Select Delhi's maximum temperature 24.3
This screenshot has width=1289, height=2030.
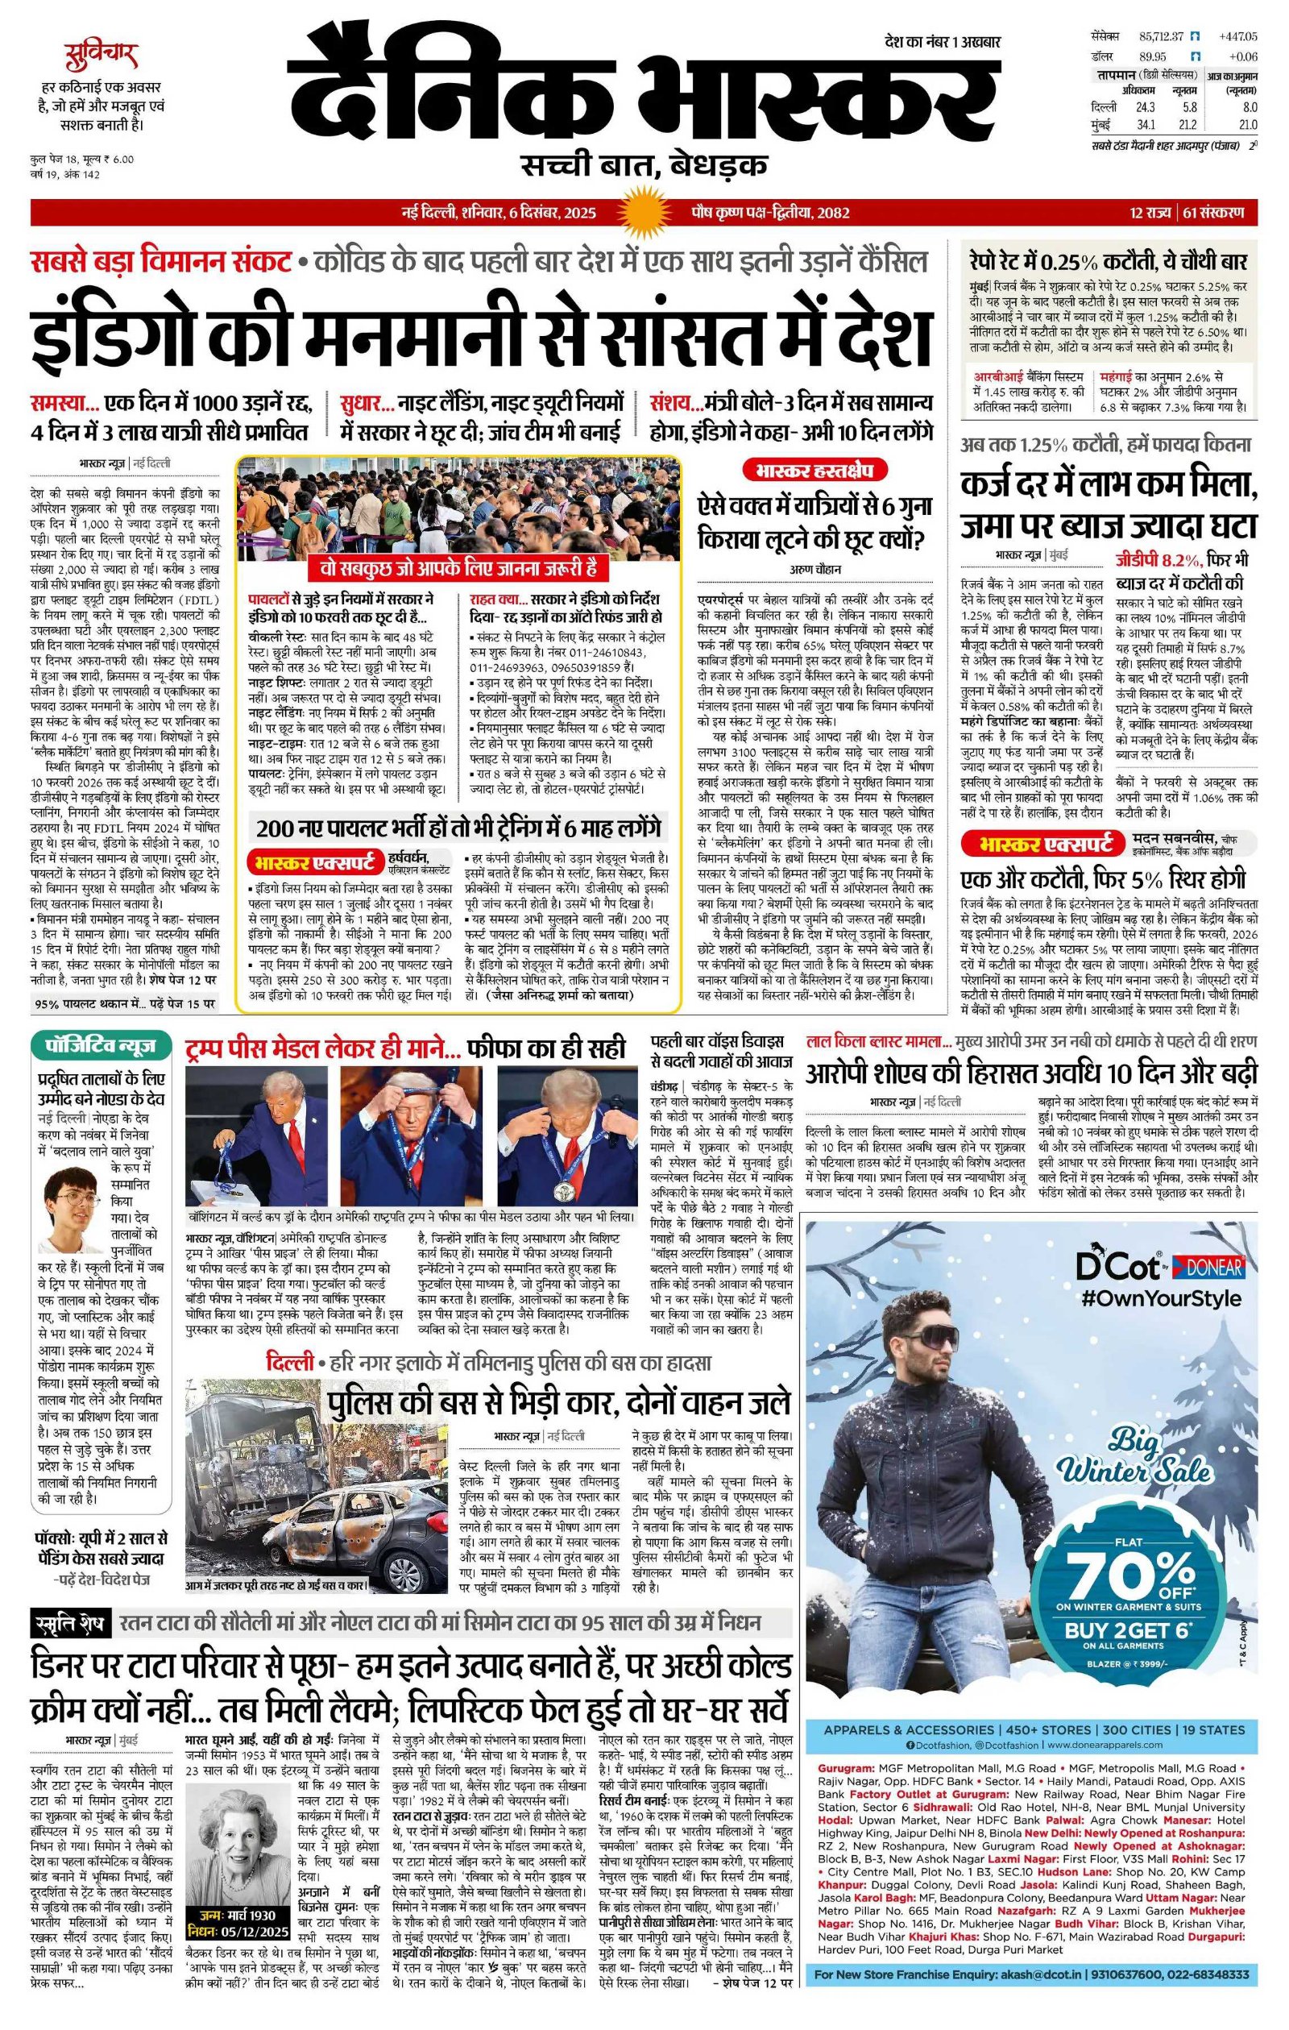click(1145, 107)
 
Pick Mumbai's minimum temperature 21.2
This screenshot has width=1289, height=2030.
click(1188, 125)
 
